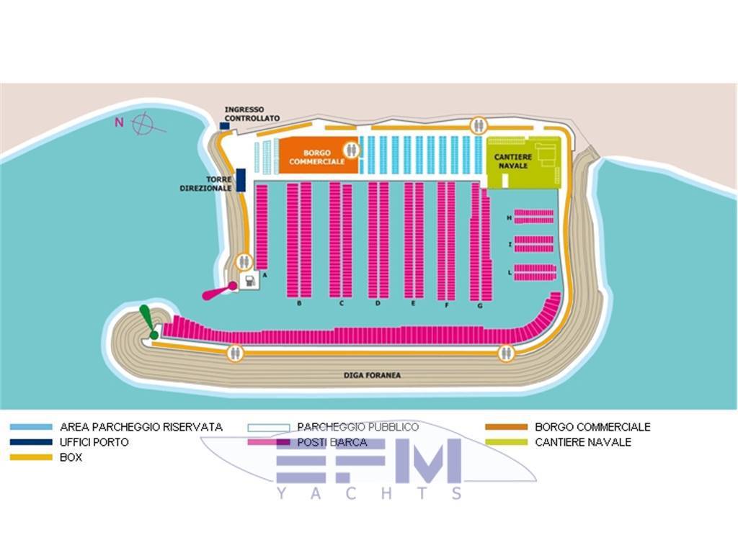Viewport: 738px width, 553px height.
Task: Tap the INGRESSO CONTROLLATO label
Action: click(252, 114)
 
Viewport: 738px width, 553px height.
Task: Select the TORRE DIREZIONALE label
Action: click(205, 184)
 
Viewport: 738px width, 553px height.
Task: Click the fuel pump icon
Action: click(249, 281)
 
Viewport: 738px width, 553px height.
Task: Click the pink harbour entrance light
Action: click(219, 291)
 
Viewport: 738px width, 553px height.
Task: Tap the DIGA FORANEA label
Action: click(372, 374)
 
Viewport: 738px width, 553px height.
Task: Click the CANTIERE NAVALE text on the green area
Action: click(513, 161)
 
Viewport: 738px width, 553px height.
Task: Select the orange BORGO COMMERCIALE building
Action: click(318, 156)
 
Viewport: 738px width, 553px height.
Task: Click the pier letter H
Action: click(509, 217)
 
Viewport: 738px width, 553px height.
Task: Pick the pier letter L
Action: click(510, 272)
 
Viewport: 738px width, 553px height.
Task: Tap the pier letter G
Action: click(479, 305)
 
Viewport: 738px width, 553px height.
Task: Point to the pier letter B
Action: click(299, 303)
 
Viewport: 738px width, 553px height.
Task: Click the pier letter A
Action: click(265, 274)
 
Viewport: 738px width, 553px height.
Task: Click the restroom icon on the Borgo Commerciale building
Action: click(351, 150)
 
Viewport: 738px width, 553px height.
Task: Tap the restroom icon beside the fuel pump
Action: click(244, 261)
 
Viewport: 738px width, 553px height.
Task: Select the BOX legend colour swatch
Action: click(31, 457)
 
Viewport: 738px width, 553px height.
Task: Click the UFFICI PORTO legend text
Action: click(94, 442)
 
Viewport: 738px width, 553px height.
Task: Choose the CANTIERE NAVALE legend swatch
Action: click(507, 442)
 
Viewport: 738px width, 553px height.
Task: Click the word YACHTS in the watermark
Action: click(370, 493)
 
